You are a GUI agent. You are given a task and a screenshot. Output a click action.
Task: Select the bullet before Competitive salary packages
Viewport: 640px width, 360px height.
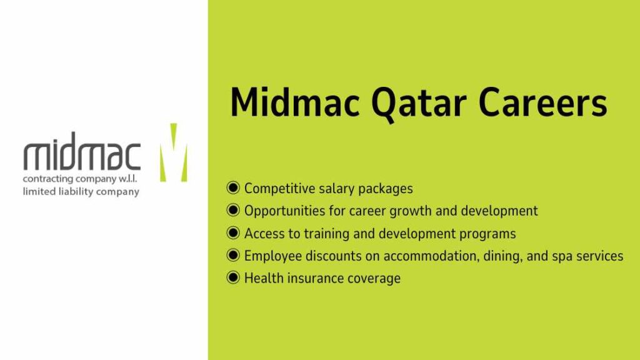(233, 188)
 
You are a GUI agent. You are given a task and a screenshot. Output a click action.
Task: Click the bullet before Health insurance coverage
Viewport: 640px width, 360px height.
(233, 278)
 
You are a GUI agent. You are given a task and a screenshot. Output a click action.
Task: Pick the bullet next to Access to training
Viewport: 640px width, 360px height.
(233, 233)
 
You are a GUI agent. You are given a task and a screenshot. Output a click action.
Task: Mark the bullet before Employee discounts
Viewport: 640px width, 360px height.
(233, 256)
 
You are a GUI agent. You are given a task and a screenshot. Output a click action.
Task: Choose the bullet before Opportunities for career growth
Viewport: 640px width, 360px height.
(233, 211)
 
